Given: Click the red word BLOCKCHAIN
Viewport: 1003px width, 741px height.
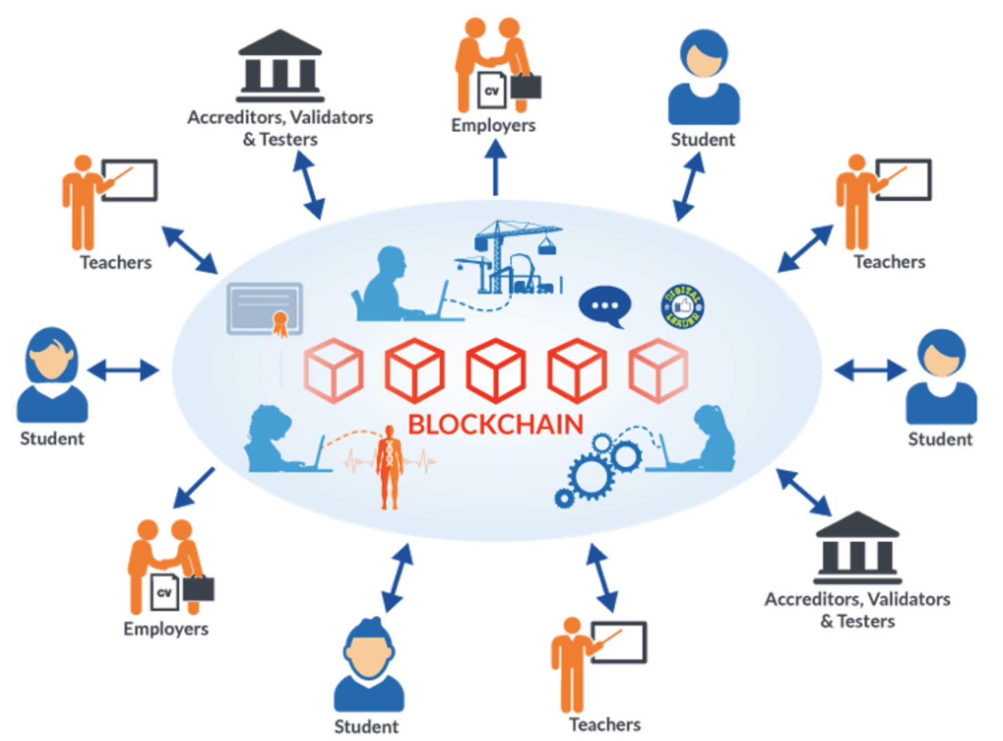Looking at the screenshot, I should (x=495, y=424).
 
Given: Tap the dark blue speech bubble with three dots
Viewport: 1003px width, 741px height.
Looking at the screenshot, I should (x=604, y=306).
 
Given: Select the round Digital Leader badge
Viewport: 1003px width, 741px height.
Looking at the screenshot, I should (x=682, y=306).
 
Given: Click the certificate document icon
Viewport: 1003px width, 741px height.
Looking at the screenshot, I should (x=264, y=307).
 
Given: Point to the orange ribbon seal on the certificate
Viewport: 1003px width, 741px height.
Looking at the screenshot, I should (x=280, y=322).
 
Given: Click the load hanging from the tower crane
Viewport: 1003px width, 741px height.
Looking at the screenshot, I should (x=546, y=246).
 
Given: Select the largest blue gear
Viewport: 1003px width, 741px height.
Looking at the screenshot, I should (x=590, y=475).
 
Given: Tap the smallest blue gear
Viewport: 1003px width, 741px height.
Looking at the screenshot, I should (x=564, y=498).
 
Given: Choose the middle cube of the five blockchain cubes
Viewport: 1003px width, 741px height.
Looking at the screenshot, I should (x=495, y=370).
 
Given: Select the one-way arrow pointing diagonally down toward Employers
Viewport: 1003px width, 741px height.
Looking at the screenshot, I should (x=194, y=488).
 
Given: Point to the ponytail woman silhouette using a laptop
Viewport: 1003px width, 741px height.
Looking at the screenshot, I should (x=710, y=441).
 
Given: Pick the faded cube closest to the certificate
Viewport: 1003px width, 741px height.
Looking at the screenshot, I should (x=333, y=370).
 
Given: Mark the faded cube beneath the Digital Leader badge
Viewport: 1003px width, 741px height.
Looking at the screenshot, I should (x=658, y=370).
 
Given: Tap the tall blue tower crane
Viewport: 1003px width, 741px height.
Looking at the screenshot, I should (x=496, y=255).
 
